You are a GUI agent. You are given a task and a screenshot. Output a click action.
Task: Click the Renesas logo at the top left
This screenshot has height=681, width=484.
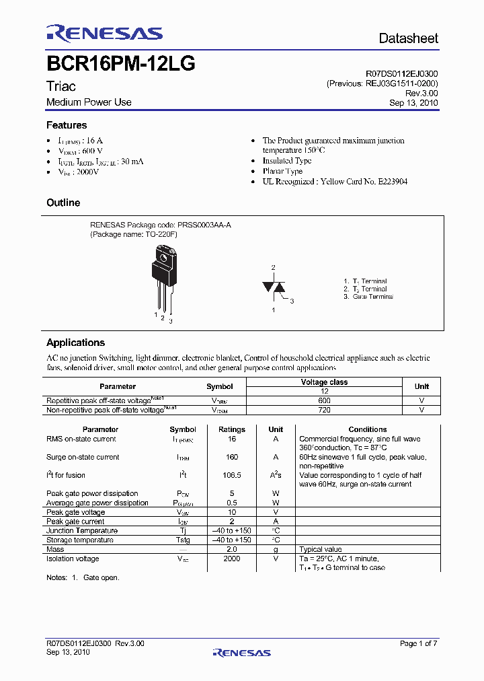point(104,34)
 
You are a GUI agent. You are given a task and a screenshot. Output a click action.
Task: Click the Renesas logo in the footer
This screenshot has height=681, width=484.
point(241,652)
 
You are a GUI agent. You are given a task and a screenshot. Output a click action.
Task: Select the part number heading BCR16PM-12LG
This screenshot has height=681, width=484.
point(120,65)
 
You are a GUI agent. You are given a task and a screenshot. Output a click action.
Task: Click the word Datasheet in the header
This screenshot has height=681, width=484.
point(408,38)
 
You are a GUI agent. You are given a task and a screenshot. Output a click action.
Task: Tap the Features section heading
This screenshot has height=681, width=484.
point(67,125)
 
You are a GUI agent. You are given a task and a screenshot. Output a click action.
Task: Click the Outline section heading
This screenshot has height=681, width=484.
point(63,203)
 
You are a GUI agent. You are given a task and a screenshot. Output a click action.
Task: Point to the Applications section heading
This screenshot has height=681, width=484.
point(75,343)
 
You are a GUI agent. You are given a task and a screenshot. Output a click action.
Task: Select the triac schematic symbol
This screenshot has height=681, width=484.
point(274,287)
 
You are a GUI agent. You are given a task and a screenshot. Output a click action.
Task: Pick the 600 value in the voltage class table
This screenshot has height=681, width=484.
point(324,400)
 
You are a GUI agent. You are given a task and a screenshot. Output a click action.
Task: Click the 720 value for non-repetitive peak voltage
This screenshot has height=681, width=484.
point(324,409)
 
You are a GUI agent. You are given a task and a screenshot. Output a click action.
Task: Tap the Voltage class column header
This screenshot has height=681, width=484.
point(324,382)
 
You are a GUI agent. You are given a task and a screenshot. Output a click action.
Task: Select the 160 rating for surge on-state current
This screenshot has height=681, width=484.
point(232,457)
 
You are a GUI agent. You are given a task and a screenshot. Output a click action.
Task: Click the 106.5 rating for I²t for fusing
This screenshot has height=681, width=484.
point(232,475)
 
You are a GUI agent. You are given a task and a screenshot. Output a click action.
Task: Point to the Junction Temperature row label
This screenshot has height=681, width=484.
point(82,530)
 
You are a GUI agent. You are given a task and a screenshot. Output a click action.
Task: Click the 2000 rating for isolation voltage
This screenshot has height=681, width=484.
point(232,559)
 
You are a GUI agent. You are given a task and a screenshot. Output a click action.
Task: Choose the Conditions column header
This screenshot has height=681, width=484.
point(367,429)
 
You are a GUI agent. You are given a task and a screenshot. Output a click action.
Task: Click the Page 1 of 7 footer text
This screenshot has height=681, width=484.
point(418,643)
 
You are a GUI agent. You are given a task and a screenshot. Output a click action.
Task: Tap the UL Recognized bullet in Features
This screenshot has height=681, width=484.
point(335,182)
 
